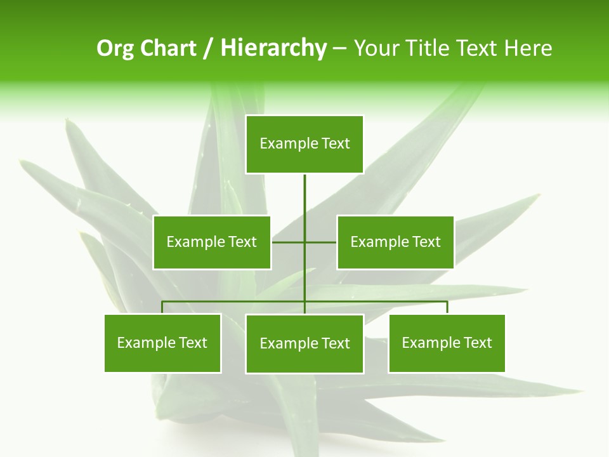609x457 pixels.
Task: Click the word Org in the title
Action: click(115, 48)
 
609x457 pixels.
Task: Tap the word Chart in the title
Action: click(168, 48)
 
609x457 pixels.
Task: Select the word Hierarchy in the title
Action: click(273, 48)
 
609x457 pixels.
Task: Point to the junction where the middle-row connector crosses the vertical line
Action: click(304, 242)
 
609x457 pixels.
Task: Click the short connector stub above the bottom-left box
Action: click(162, 307)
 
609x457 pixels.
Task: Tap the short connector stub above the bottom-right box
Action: click(447, 307)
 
